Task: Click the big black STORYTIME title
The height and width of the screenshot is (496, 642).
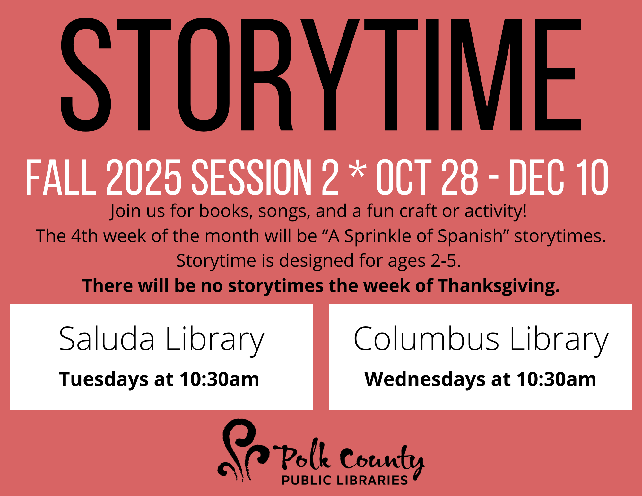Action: tap(321, 74)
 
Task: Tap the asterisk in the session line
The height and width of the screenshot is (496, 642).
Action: tap(358, 170)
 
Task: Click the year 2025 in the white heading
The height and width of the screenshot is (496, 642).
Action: tap(143, 177)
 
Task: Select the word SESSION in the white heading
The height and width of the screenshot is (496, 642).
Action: tap(252, 177)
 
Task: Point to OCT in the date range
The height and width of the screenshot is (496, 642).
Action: tap(404, 177)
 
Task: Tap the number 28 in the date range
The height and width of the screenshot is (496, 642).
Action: tap(460, 177)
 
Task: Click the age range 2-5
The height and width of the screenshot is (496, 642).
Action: tap(446, 261)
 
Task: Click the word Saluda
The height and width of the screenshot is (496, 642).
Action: tap(107, 339)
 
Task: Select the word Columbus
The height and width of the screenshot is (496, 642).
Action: tap(426, 339)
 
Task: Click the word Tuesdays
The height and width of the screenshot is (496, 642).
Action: tap(103, 379)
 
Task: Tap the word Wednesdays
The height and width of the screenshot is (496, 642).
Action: tap(425, 379)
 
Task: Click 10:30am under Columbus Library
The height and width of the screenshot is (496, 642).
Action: tap(556, 379)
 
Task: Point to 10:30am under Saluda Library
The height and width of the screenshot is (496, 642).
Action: tap(219, 379)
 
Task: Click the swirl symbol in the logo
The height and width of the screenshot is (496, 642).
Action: tap(243, 449)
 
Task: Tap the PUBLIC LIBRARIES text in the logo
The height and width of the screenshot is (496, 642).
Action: tap(344, 480)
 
